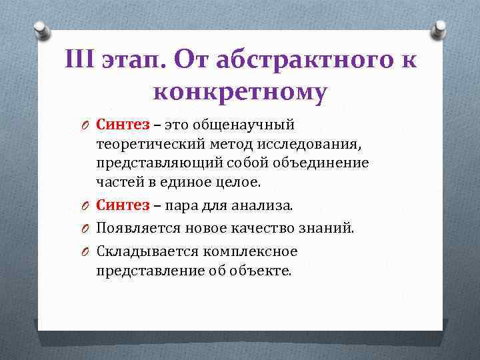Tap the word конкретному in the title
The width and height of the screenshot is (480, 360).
[240, 92]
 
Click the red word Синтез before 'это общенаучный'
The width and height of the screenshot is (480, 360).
[123, 124]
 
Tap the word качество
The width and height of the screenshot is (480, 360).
[257, 228]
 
